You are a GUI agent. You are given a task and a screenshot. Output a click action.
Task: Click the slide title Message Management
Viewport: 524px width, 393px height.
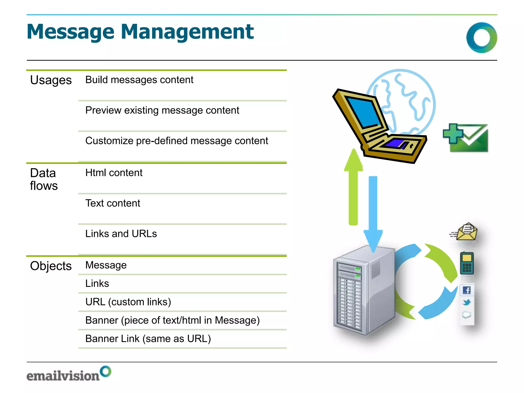point(140,32)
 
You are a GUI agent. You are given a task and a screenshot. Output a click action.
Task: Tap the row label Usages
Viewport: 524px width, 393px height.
point(51,80)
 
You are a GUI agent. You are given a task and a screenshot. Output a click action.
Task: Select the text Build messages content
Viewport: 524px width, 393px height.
point(139,80)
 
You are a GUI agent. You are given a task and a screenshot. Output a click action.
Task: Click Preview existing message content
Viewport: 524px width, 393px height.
point(162,110)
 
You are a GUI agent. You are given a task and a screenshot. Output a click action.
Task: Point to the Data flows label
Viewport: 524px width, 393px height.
point(44,179)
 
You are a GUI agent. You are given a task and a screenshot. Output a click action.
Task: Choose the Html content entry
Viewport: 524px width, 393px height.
point(114,173)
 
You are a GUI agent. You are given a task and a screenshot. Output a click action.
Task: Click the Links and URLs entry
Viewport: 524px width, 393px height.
point(121,234)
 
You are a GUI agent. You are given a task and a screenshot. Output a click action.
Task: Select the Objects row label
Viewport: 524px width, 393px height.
point(51,266)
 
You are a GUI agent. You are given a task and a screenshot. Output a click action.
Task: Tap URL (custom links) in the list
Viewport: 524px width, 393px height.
point(128,302)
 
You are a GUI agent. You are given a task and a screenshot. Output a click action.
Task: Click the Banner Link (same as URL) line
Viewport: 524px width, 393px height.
point(148,339)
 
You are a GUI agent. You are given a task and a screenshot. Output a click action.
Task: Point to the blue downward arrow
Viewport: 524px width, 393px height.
point(373,212)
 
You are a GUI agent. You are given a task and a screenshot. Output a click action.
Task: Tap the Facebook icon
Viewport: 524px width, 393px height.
point(467,290)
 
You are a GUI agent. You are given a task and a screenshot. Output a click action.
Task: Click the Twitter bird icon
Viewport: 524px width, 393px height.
point(467,302)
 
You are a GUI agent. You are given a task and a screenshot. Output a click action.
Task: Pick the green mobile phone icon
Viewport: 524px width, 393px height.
point(467,264)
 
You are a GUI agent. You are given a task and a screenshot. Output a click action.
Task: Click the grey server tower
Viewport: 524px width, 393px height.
point(363,292)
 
